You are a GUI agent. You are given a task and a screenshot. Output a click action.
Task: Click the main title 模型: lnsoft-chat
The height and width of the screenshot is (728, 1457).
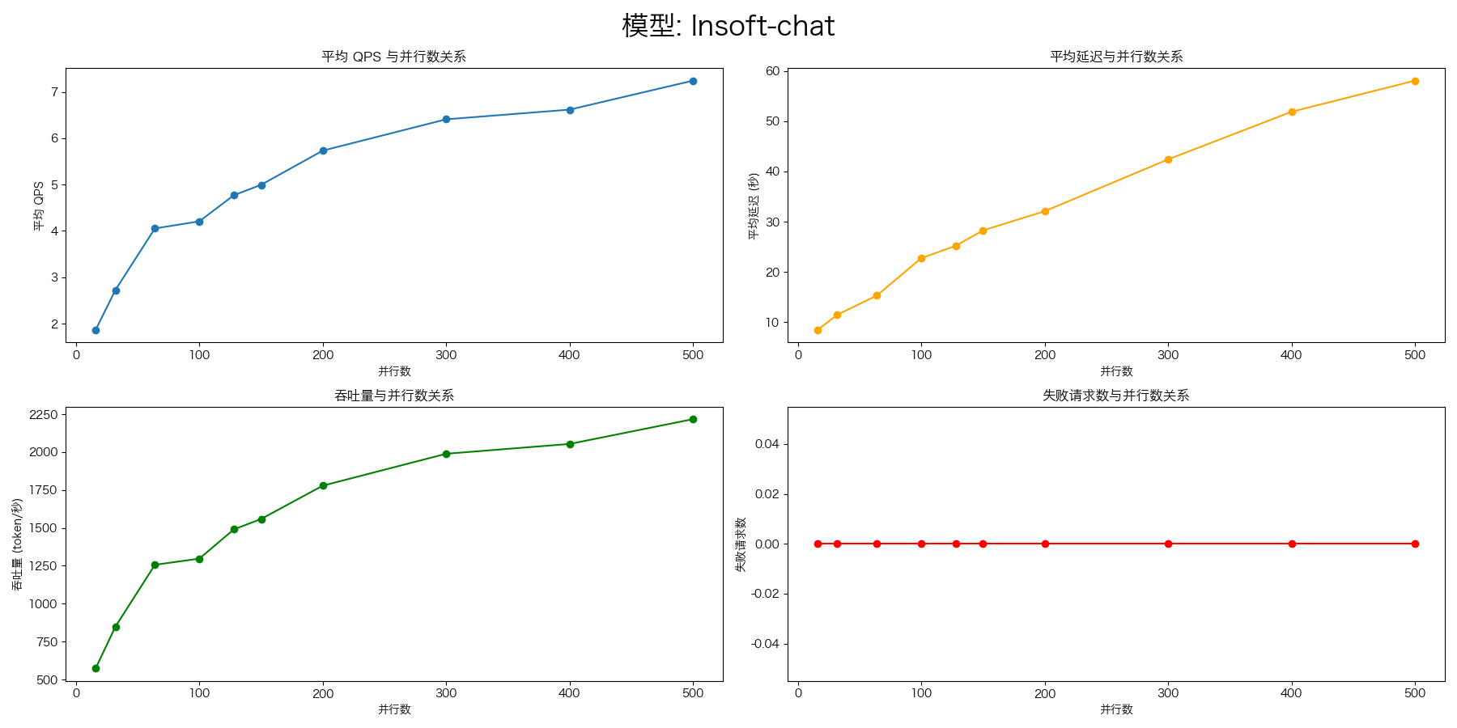(x=728, y=26)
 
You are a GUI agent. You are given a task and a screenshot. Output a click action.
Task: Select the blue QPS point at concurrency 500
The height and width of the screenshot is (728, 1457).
(x=693, y=81)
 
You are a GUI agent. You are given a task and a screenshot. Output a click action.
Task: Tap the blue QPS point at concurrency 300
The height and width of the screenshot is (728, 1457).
(x=446, y=120)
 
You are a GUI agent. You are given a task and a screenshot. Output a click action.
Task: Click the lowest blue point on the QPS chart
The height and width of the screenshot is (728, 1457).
(x=96, y=330)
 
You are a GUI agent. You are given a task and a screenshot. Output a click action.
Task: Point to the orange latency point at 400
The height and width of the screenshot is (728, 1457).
(x=1292, y=112)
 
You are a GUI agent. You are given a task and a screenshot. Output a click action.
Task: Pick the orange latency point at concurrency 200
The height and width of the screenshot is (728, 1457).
(x=1045, y=211)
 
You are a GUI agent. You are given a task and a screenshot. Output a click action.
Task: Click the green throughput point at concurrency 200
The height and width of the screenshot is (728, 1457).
(x=323, y=485)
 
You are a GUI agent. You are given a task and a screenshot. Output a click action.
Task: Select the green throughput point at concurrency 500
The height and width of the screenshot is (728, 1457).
(x=693, y=419)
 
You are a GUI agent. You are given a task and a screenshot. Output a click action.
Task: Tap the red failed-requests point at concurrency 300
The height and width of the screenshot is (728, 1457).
(x=1168, y=544)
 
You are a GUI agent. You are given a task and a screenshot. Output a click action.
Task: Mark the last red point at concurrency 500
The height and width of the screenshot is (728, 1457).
(x=1415, y=544)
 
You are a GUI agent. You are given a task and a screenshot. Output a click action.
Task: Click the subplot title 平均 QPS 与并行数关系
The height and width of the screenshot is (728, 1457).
(x=393, y=57)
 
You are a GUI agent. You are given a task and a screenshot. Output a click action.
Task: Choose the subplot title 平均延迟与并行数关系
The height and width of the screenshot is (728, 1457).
(x=1116, y=57)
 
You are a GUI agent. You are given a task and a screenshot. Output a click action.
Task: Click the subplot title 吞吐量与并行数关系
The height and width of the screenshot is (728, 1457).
(x=393, y=396)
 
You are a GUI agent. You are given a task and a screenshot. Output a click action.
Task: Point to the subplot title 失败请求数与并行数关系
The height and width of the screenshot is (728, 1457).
(x=1116, y=396)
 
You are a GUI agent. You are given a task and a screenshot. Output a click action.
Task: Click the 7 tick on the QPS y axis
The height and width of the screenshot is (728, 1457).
(x=55, y=92)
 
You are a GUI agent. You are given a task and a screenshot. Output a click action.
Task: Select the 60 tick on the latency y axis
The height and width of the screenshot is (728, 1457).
(x=772, y=71)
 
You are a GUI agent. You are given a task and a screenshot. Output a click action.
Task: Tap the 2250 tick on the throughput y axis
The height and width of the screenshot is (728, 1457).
(x=43, y=415)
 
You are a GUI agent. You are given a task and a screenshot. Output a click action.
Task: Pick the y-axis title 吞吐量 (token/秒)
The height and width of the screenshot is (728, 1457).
(x=17, y=544)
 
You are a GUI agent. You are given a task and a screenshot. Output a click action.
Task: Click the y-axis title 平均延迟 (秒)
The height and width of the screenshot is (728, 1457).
(x=754, y=205)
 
